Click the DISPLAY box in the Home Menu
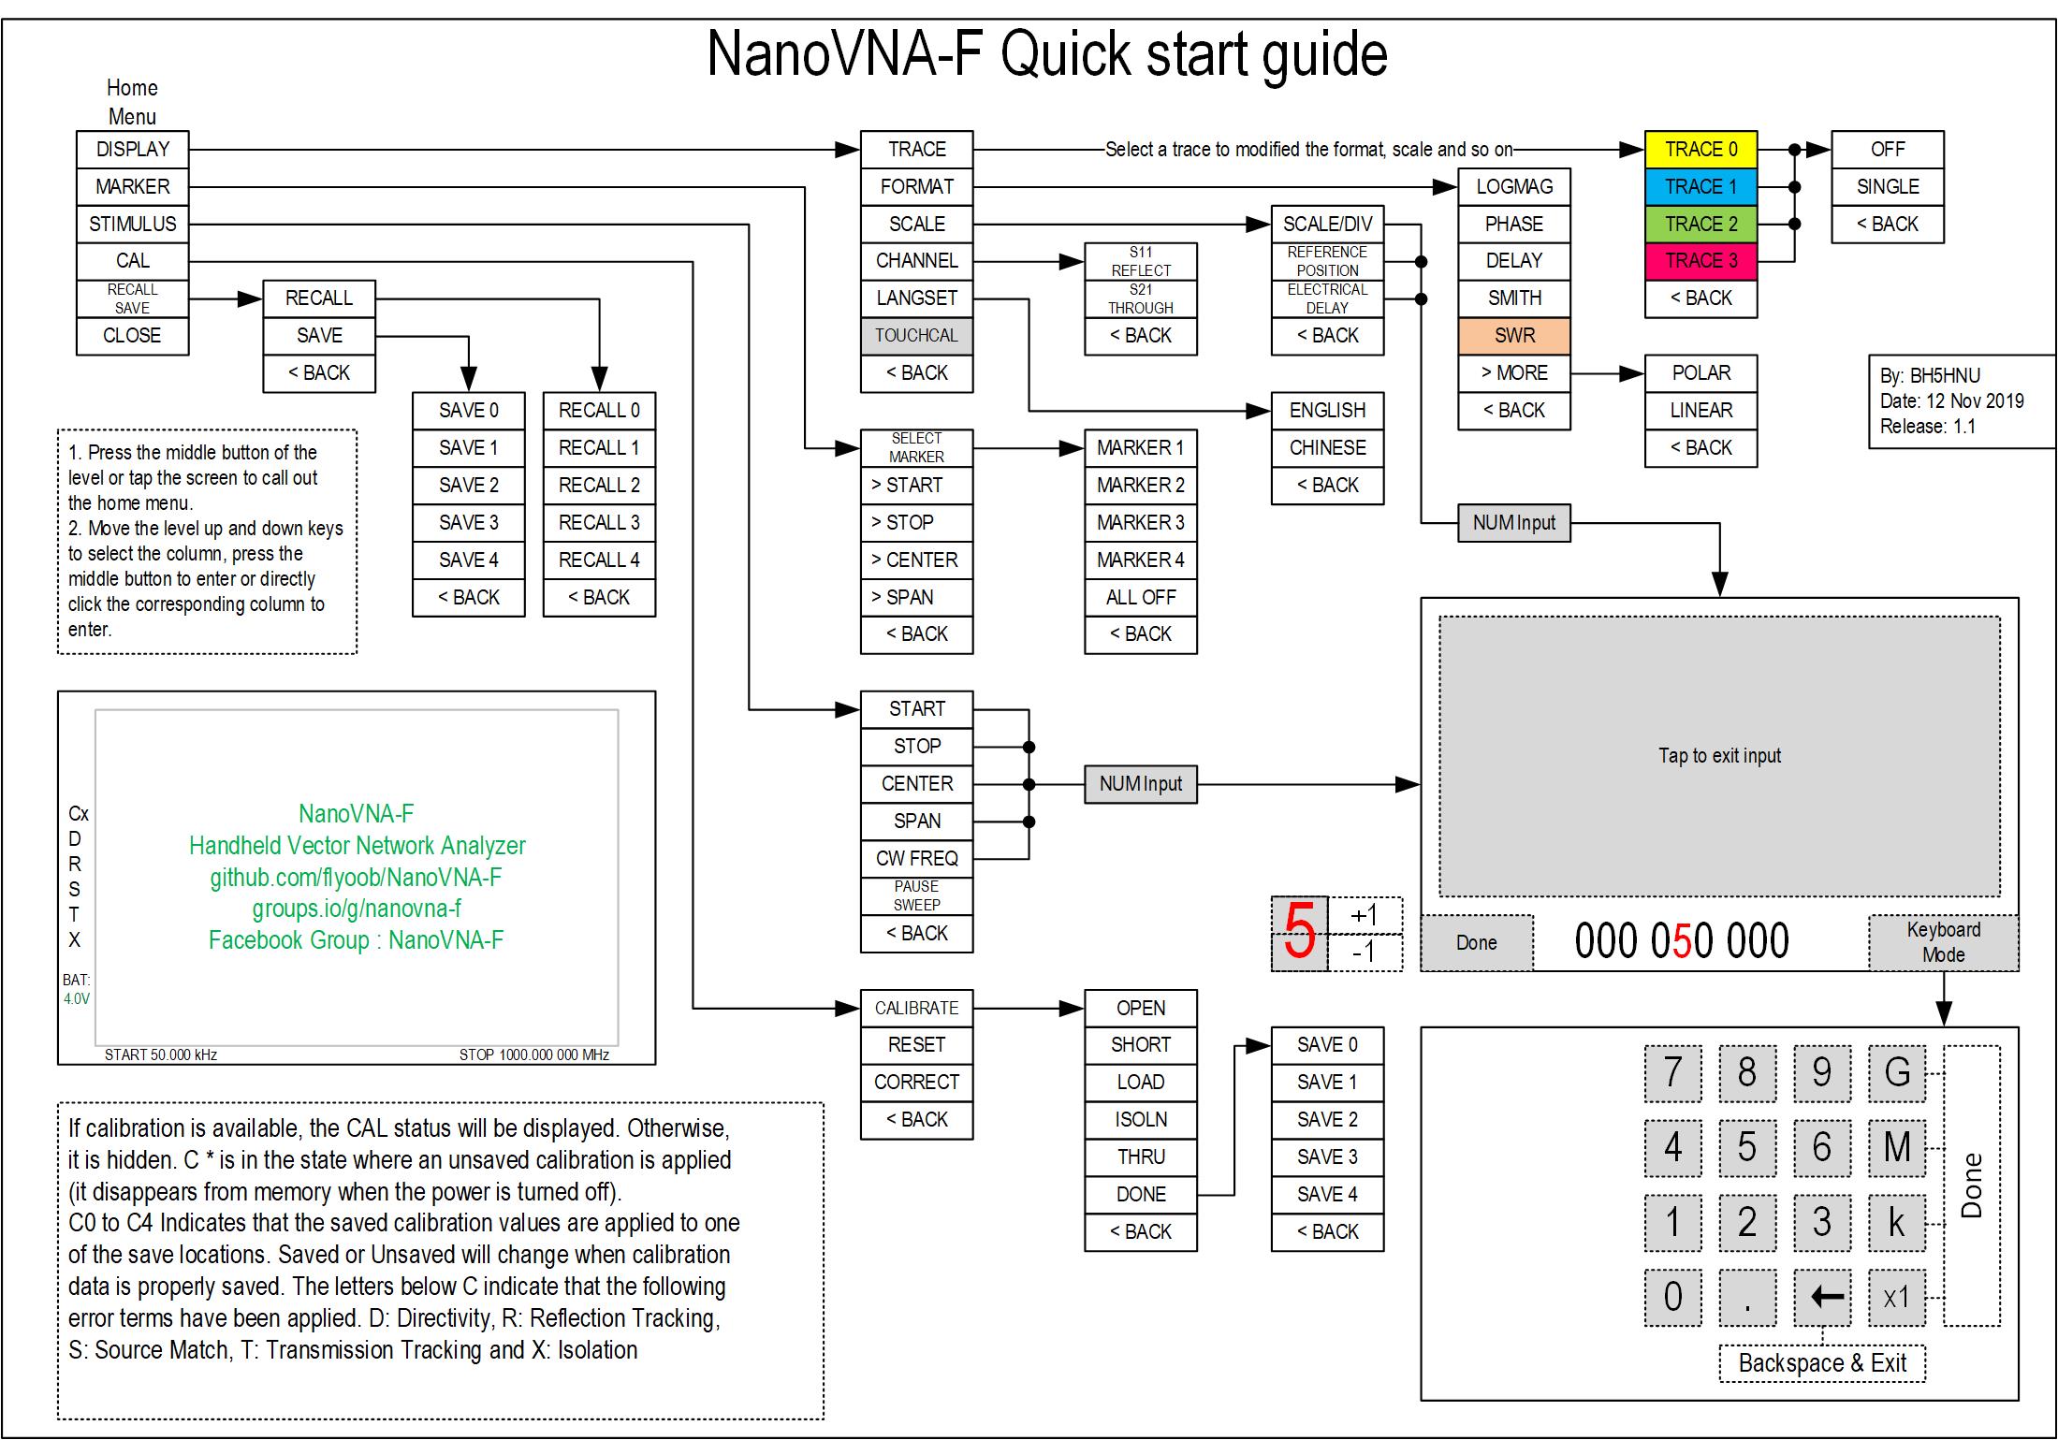132,150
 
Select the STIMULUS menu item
132,225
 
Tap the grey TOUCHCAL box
916,336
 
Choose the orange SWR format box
1513,336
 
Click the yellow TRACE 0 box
1700,150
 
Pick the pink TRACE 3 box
1700,261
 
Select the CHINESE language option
1327,448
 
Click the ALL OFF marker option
1140,597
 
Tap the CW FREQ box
916,858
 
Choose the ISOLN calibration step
1140,1120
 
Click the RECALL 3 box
599,522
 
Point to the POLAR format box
1700,373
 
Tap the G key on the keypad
1897,1072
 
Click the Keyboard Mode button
1943,942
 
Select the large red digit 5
1299,933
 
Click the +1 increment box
1365,915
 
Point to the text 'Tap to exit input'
1719,756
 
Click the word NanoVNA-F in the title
844,54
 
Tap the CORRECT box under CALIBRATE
916,1083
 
